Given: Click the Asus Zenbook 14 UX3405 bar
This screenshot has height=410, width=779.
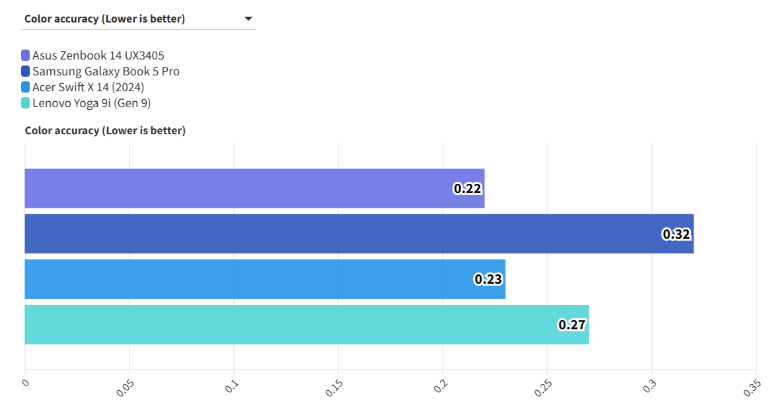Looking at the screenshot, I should pos(254,188).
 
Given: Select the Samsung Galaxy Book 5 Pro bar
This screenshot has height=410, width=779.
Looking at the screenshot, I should pos(359,233).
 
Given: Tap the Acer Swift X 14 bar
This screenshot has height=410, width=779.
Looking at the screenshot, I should pos(265,279).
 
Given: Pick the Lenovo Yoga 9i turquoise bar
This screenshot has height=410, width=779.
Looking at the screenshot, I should pos(307,325).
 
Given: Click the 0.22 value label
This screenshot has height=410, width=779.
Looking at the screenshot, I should pos(467,188).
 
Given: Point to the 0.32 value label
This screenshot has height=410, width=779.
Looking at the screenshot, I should pos(676,234).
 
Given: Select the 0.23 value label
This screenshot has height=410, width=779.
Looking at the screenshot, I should pos(488,279).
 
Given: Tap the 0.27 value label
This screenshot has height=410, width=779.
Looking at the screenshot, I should pos(572,325).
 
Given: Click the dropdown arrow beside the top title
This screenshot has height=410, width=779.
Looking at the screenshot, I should pos(248,19).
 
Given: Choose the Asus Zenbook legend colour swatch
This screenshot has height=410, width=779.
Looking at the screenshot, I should pos(26,56).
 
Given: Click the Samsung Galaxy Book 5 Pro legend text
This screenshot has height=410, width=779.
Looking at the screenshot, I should pos(106,71).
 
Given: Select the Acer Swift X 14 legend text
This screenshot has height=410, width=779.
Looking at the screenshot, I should pos(88,87).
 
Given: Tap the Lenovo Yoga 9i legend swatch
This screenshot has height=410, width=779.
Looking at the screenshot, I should pos(26,103).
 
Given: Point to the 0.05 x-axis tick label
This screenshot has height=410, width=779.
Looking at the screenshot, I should pos(125,388).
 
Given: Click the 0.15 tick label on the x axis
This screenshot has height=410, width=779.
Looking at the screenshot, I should pos(334,388).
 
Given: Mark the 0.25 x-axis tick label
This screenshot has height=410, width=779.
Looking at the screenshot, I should pos(542,388).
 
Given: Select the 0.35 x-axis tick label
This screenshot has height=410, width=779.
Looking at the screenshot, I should pos(752,388).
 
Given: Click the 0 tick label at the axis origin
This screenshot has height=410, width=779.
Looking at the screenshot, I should pos(26,382).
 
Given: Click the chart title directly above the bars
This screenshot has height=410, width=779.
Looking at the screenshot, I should pos(105,130).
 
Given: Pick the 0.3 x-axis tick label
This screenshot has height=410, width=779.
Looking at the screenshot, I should pos(649,386).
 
